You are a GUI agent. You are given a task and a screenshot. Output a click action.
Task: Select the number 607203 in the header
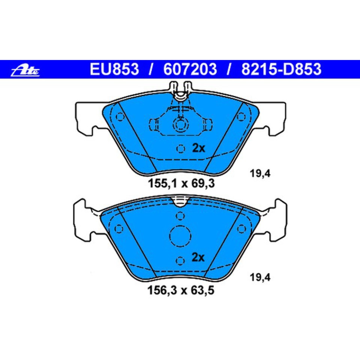(190, 69)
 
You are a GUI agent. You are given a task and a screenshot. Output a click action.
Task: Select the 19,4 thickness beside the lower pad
(260, 278)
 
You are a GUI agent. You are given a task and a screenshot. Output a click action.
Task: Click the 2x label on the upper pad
(198, 148)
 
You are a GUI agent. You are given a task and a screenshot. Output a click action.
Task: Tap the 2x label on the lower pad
(198, 258)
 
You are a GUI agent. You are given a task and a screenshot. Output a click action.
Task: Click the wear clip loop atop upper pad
(180, 91)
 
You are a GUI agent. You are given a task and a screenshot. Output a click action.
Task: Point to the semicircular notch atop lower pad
(180, 202)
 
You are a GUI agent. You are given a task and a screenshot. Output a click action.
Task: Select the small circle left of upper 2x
(181, 149)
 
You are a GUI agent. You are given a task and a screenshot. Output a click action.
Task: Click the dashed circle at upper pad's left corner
(120, 117)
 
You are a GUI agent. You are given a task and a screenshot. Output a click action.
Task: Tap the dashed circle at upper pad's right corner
(240, 117)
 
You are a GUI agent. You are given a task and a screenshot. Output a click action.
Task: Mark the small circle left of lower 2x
(180, 260)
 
